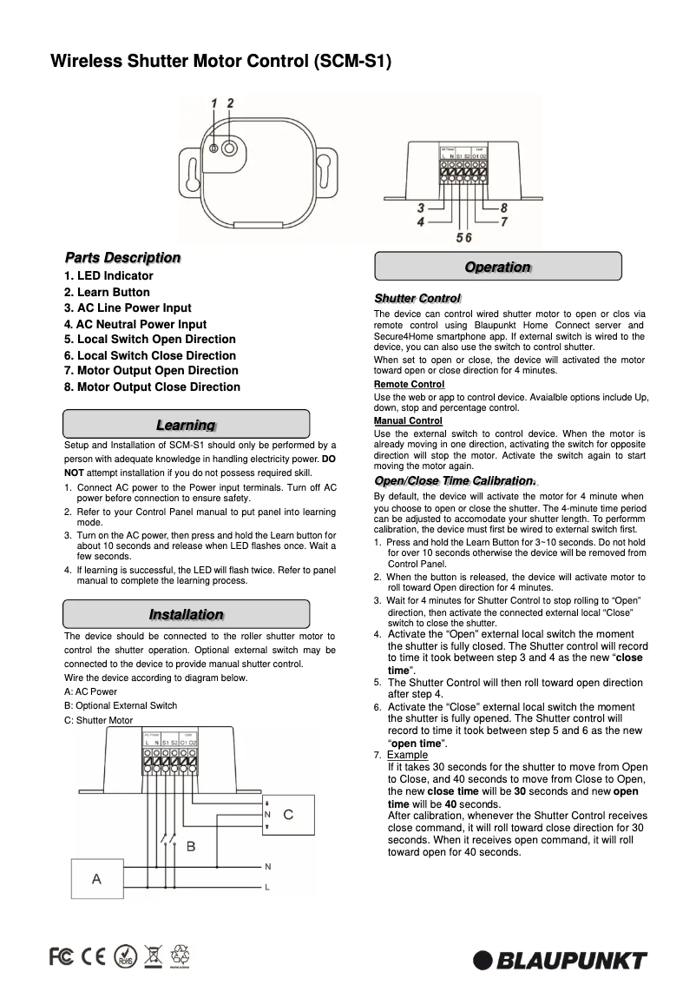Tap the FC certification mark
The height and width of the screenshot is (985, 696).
pos(61,956)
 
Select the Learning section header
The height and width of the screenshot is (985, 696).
pos(186,424)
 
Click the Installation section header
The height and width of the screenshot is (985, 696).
pos(186,614)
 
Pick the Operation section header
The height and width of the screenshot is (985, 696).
pos(497,267)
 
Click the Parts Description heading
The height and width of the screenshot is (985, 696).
pos(122,258)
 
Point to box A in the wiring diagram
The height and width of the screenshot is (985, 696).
pos(96,879)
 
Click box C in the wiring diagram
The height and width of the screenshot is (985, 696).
pos(288,815)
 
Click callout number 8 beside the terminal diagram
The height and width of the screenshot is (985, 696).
pos(503,208)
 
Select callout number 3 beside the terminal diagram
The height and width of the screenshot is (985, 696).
pos(420,208)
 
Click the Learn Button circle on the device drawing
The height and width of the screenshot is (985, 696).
pos(229,148)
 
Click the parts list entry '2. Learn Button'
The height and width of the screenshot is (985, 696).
pos(107,292)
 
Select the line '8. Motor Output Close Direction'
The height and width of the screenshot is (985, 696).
pos(152,387)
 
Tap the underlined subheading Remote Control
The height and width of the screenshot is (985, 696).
pos(409,384)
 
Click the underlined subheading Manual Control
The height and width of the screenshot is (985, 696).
pos(408,420)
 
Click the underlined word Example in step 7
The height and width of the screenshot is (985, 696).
pos(407,755)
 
